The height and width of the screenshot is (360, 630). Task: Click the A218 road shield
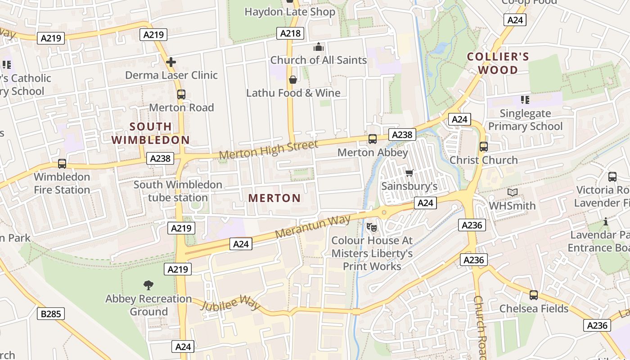click(x=290, y=33)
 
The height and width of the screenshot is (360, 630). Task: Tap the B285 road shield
click(x=51, y=314)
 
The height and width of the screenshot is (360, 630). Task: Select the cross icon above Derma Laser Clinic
click(x=171, y=62)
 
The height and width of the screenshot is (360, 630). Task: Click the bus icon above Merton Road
click(x=181, y=94)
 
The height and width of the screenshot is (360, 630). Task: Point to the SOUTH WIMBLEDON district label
click(x=151, y=133)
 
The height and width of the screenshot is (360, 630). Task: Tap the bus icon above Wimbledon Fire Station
click(x=62, y=164)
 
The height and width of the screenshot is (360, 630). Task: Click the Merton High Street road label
click(x=269, y=149)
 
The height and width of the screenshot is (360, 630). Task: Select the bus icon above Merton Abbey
click(x=373, y=139)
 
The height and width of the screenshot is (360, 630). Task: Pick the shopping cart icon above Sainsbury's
click(x=409, y=173)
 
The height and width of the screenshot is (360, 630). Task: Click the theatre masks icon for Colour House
click(x=372, y=227)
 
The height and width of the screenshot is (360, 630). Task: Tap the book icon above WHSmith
click(x=512, y=193)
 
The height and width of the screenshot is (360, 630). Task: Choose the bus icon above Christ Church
click(x=484, y=147)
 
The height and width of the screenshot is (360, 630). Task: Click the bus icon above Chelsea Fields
click(x=534, y=295)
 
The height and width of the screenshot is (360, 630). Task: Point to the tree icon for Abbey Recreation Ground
click(x=148, y=285)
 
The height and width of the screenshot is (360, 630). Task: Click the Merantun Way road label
click(x=313, y=227)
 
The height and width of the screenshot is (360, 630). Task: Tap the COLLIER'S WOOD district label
click(x=498, y=63)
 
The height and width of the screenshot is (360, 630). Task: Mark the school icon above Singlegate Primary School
click(x=525, y=99)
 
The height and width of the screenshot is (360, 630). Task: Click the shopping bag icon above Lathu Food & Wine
click(x=293, y=80)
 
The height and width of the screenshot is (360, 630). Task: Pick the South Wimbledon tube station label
click(x=178, y=191)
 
